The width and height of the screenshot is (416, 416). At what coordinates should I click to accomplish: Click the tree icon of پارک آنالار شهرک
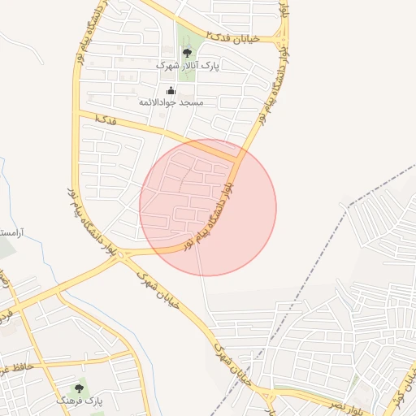point(187,53)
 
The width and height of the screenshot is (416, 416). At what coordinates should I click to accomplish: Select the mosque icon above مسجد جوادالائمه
point(171,90)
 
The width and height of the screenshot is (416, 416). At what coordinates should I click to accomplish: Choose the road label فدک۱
point(105,119)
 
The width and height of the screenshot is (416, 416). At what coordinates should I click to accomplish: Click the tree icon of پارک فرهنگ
point(79,388)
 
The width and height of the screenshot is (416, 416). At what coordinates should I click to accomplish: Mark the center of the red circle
point(208,207)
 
